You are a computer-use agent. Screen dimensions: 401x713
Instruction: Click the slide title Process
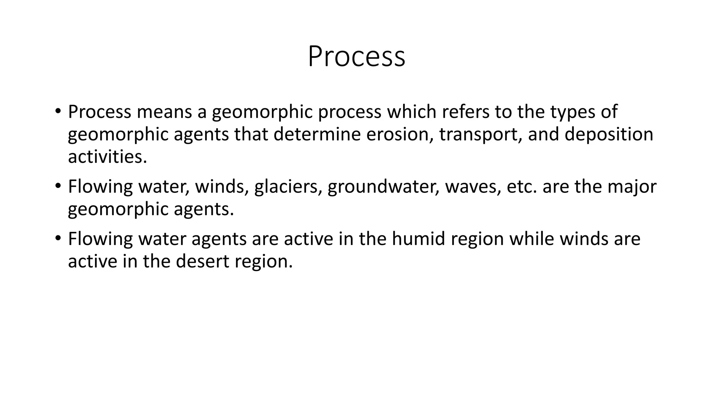pyautogui.click(x=356, y=56)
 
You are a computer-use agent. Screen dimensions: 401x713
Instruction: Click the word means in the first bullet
pyautogui.click(x=164, y=112)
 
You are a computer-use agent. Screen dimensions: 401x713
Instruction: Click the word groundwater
pyautogui.click(x=383, y=187)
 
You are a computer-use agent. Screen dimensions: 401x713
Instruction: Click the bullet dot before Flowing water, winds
pyautogui.click(x=57, y=186)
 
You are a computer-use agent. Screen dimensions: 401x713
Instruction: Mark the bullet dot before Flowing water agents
pyautogui.click(x=57, y=238)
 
